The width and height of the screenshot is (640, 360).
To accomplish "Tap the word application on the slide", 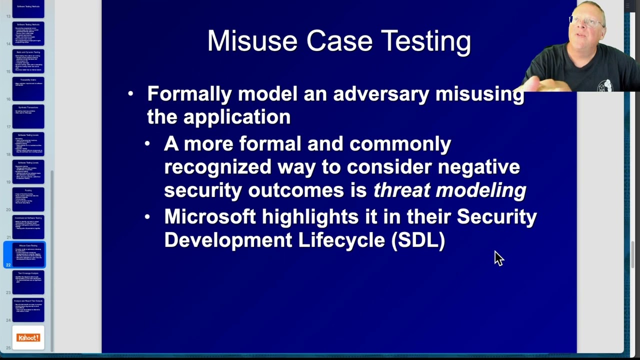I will point(236,117).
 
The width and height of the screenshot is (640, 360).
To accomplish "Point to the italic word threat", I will point(402,190).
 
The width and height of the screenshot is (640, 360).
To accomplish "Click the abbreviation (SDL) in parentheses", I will point(418,240).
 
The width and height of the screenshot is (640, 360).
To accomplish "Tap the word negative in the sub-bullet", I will point(478,167).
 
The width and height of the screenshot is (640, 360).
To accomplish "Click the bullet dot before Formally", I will point(131,93).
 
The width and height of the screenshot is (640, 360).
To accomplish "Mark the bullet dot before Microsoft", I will point(147,217).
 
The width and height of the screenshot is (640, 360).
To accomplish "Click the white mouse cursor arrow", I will point(498,257).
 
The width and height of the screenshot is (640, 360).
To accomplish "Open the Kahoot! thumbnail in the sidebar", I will point(28,338).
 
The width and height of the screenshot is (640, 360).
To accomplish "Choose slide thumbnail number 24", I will point(28,310).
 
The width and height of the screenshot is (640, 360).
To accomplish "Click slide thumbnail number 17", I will point(28,116).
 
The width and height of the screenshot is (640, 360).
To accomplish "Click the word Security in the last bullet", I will point(496,217).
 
